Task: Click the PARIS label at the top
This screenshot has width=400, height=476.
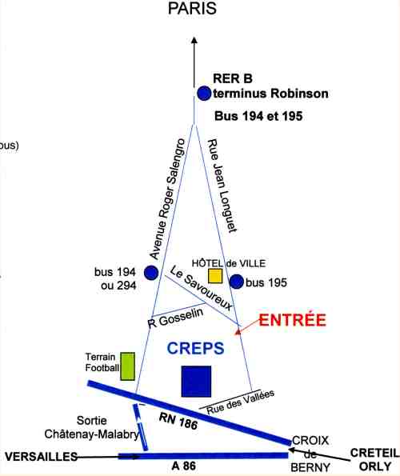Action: point(192,8)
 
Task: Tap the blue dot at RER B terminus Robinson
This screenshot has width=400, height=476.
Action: point(204,93)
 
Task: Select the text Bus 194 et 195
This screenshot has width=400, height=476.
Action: point(258,116)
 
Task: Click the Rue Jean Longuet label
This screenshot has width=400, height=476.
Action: point(222,186)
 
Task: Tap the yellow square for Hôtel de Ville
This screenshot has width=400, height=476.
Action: point(215,276)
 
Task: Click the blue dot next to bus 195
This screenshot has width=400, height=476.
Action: point(237,282)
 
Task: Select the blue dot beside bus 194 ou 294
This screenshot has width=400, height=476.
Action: point(151,273)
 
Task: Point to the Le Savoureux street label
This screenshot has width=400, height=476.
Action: point(202,287)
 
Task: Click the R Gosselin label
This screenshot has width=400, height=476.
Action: point(176,318)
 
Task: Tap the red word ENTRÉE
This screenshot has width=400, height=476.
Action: point(292,320)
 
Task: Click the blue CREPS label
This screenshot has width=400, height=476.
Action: point(195,348)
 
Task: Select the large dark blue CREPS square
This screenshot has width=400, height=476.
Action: point(196,382)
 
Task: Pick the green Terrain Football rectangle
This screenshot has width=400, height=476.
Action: point(128,366)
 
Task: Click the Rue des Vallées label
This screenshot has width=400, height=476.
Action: point(240,402)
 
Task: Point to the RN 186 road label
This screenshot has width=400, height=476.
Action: point(178,421)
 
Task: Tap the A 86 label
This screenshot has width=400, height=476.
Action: point(184,466)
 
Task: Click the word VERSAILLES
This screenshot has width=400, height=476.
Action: point(42,457)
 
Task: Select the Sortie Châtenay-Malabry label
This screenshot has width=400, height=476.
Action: point(91,427)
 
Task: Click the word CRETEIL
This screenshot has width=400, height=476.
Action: point(375,453)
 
